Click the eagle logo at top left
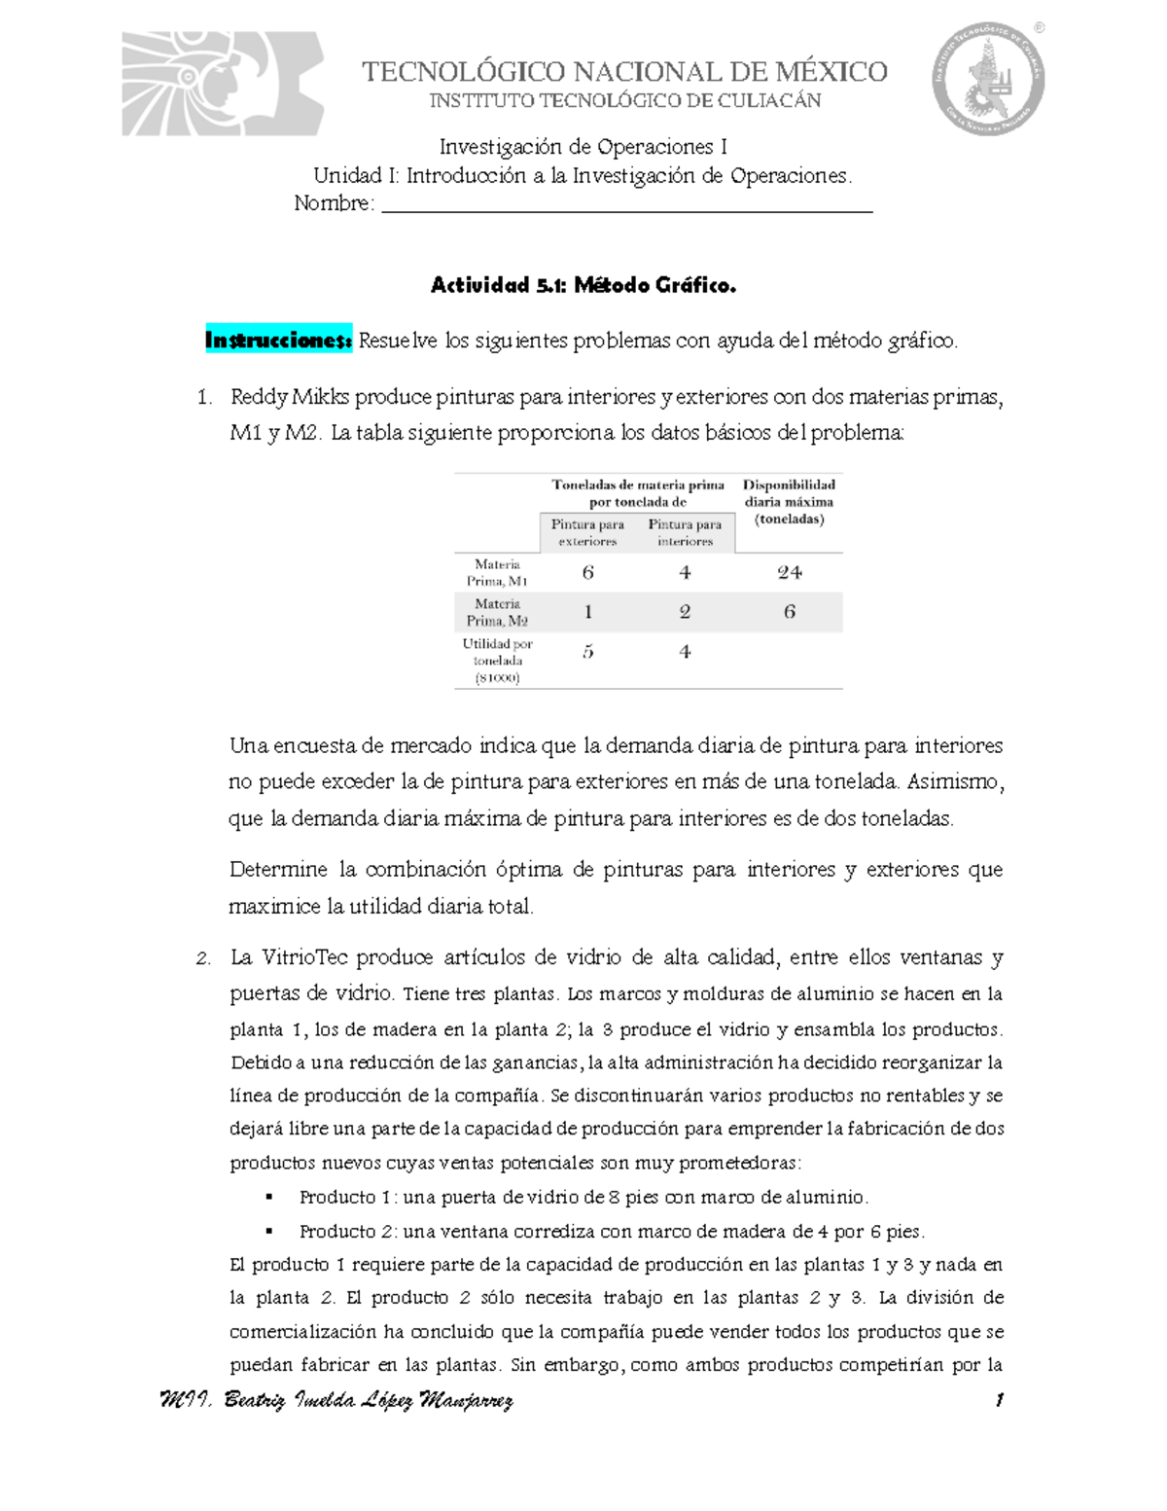click(x=222, y=83)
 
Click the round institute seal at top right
click(x=988, y=80)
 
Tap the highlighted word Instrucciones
click(x=278, y=341)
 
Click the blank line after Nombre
click(x=626, y=204)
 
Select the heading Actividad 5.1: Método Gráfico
click(x=583, y=285)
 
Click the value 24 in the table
click(x=790, y=572)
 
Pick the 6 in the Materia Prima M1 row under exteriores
click(x=587, y=572)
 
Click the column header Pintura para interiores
click(x=685, y=532)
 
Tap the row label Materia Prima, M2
click(x=497, y=612)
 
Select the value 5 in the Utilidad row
click(x=587, y=652)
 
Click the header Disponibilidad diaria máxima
click(x=789, y=501)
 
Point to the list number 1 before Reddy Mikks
click(x=203, y=397)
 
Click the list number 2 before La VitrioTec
click(x=203, y=958)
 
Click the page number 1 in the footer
click(x=998, y=1401)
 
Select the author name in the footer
click(x=336, y=1401)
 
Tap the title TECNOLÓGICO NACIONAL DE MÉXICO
click(x=624, y=71)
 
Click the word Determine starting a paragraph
click(x=278, y=870)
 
